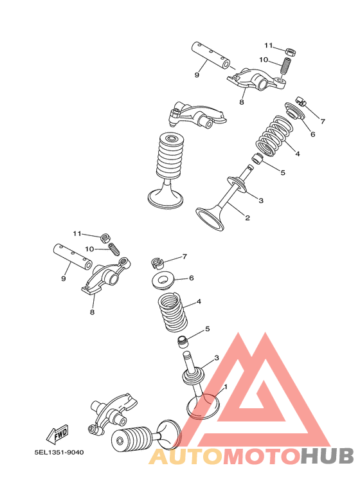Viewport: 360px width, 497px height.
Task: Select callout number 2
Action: [247, 218]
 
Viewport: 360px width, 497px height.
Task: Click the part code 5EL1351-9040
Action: [59, 453]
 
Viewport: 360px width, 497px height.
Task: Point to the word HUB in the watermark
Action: [327, 456]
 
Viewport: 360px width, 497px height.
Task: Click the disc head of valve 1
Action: [203, 406]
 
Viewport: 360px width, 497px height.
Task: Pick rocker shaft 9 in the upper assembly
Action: [210, 55]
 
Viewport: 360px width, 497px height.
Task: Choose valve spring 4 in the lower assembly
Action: [172, 311]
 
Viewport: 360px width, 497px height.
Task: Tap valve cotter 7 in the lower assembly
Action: [156, 262]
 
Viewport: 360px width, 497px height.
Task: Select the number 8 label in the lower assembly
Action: [92, 312]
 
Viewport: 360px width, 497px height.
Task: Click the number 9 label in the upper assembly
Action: [197, 75]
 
